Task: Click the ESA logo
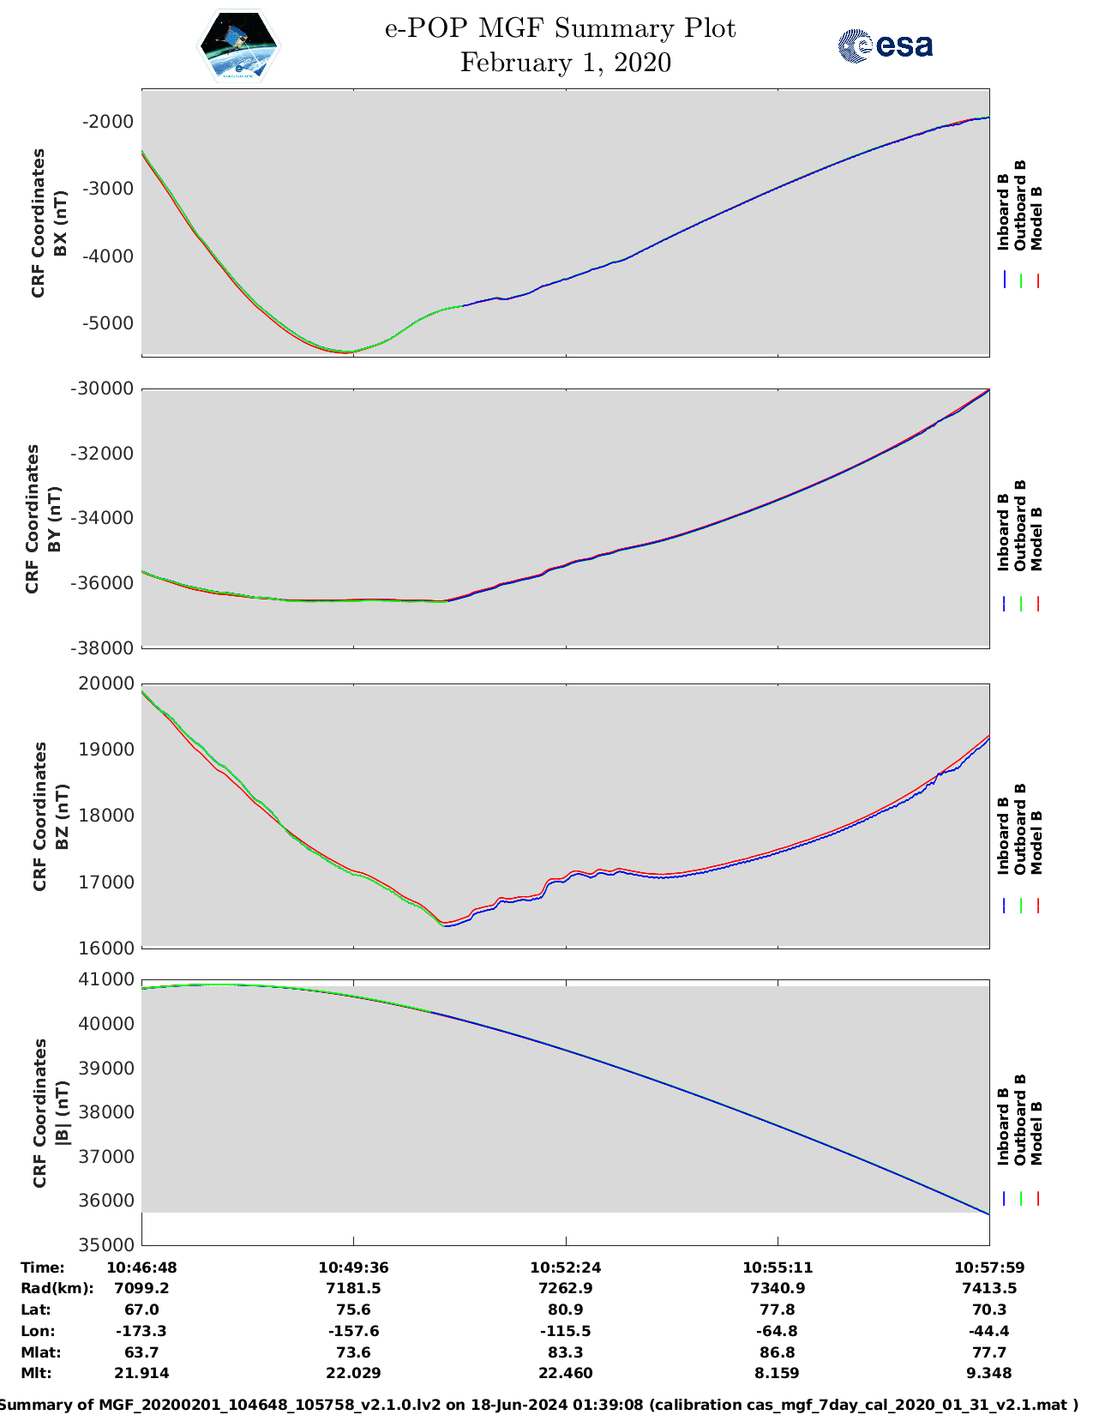(886, 45)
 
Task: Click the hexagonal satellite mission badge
(239, 46)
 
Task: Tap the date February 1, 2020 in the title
(565, 63)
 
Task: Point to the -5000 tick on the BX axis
(108, 323)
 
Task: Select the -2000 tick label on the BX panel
(108, 122)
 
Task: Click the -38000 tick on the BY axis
(103, 648)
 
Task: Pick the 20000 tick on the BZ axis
(108, 683)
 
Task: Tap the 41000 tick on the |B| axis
(108, 979)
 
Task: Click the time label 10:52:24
(565, 1267)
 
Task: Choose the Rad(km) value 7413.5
(989, 1288)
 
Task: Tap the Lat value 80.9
(565, 1310)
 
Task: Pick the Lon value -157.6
(353, 1331)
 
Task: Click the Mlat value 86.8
(778, 1352)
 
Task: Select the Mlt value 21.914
(141, 1373)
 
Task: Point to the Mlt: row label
(36, 1373)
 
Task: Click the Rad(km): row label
(57, 1288)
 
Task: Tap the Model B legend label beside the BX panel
(1036, 218)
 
